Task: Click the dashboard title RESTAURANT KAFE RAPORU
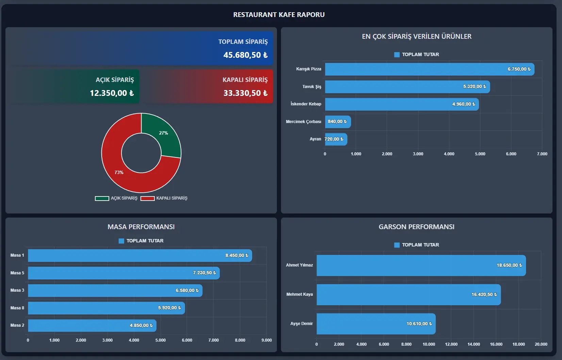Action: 279,15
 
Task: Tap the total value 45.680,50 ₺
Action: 245,55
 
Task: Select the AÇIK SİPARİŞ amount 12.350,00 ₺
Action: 112,93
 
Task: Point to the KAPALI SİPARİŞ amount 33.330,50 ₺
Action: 245,93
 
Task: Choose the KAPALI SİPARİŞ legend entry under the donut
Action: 164,198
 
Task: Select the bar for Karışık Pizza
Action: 408,69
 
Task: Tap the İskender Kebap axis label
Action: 305,104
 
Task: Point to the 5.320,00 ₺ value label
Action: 474,87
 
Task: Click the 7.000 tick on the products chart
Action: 542,154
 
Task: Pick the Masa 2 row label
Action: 17,325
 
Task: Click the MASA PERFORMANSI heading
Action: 141,227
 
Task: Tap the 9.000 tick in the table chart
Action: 266,340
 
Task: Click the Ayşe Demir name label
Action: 301,324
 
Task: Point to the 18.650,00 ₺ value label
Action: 509,265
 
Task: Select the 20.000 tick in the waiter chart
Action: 541,344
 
